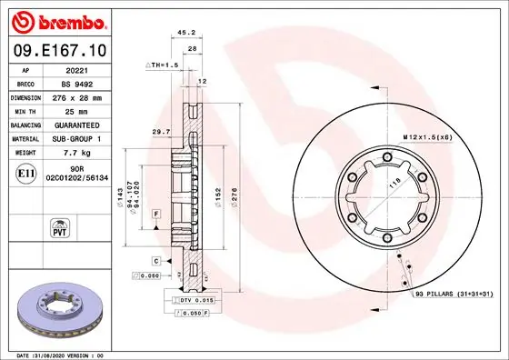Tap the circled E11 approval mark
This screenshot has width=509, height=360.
click(x=27, y=173)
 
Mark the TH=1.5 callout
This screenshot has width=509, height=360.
click(x=163, y=65)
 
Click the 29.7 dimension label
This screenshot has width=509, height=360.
click(x=160, y=132)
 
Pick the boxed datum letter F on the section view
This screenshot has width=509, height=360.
click(x=156, y=213)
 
